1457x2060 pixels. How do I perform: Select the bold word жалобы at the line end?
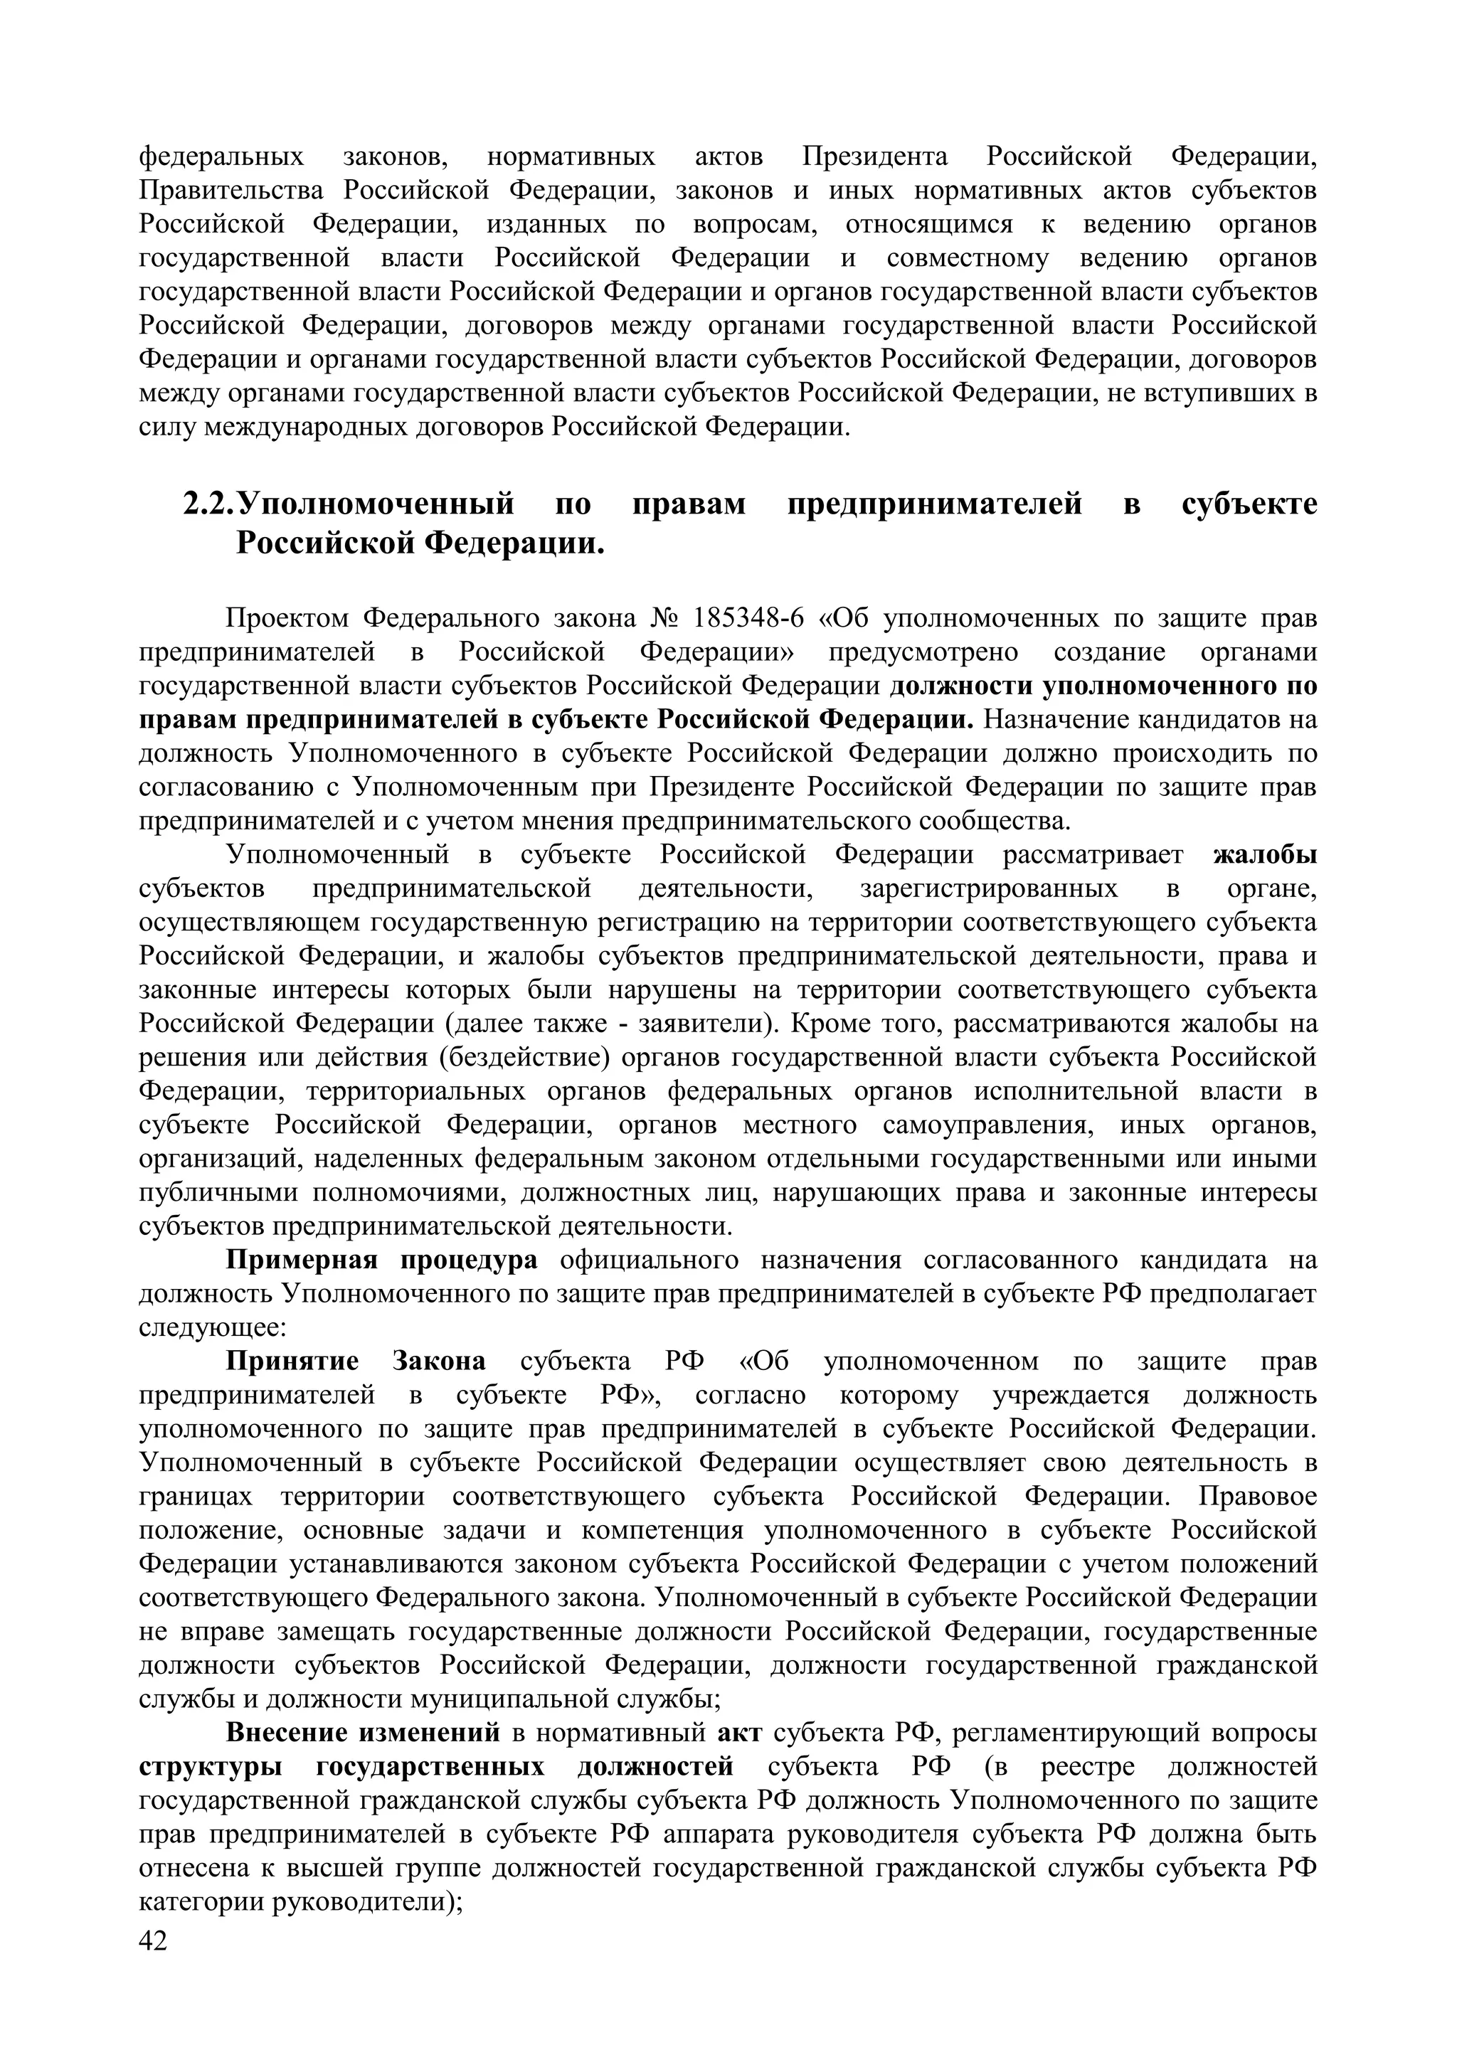pyautogui.click(x=1265, y=855)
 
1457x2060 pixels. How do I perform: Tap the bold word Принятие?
pyautogui.click(x=292, y=1362)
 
